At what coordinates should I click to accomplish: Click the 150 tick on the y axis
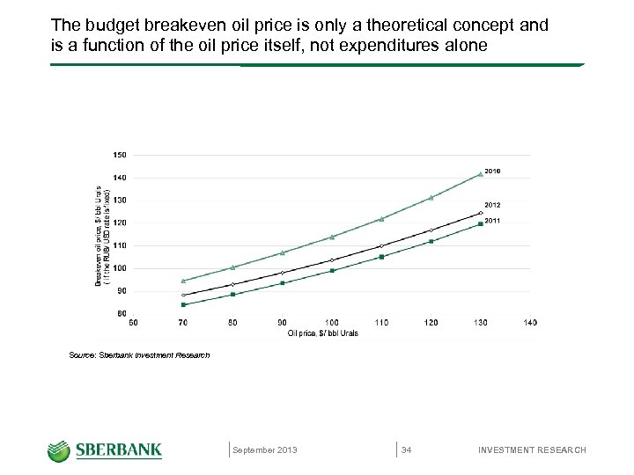tap(119, 155)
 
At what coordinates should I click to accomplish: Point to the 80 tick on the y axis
tap(121, 313)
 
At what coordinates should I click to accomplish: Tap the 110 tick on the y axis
tap(119, 245)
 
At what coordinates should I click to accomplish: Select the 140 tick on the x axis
tap(530, 323)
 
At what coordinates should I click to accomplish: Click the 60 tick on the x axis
tap(133, 323)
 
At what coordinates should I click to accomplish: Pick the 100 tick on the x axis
tap(331, 323)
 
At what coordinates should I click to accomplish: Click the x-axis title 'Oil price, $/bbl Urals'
tap(323, 333)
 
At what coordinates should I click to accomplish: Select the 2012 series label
tap(492, 204)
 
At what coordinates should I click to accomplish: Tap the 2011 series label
tap(492, 221)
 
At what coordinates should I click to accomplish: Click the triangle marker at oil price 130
tap(481, 174)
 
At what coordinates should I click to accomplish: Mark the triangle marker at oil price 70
tap(183, 281)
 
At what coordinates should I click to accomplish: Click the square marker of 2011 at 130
tap(481, 223)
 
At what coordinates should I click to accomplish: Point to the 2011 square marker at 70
tap(183, 304)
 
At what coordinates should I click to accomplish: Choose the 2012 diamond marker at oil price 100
tap(332, 259)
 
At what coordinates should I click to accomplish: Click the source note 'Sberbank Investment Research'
tap(139, 355)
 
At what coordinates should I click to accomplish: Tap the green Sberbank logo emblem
tap(59, 450)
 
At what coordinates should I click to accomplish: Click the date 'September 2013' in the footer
tap(265, 450)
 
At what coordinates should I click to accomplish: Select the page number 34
tap(406, 450)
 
